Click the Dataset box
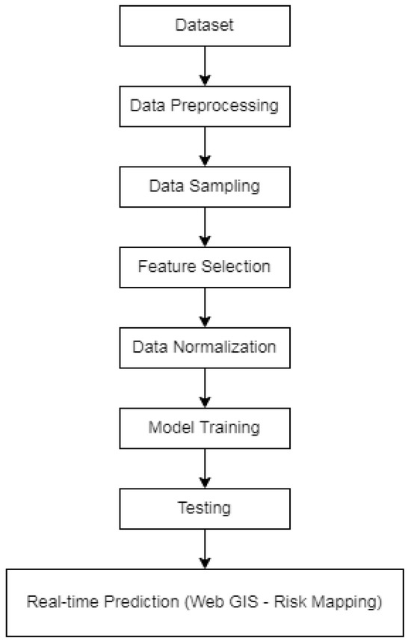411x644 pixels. [204, 25]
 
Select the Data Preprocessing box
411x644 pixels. [204, 106]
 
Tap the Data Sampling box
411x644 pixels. [204, 186]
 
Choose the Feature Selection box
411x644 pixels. [204, 267]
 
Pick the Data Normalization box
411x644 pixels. [204, 347]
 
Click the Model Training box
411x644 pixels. [204, 428]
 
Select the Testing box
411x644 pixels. [204, 509]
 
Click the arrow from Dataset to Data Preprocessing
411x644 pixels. [204, 66]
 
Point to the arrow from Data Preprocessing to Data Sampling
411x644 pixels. [204, 146]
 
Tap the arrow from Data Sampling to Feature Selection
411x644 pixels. [204, 226]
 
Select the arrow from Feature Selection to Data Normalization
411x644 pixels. [204, 307]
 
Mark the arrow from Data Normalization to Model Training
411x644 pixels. [204, 388]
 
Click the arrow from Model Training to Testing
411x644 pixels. [204, 468]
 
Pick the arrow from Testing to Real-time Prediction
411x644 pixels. [204, 549]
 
